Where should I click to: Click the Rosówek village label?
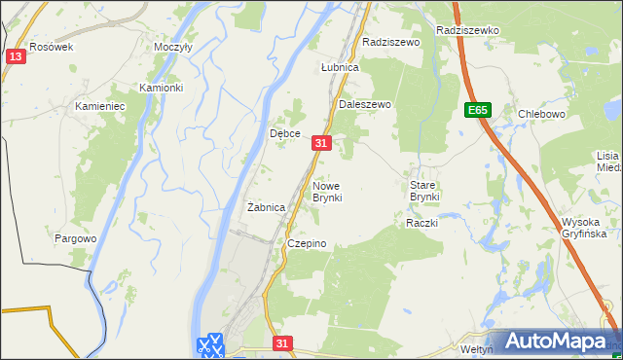(x=52, y=47)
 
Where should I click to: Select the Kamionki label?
(x=161, y=88)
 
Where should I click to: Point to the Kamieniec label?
(x=101, y=106)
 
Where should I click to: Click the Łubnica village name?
(x=341, y=68)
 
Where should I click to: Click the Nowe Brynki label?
(x=327, y=191)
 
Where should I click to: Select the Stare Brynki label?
(x=424, y=191)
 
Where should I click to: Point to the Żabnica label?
(x=266, y=207)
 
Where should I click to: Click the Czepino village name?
(x=306, y=243)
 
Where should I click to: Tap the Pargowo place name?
(x=76, y=238)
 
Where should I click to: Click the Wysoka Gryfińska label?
(x=584, y=228)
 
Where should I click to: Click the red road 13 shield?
(x=14, y=57)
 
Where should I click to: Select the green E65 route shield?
(x=477, y=111)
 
